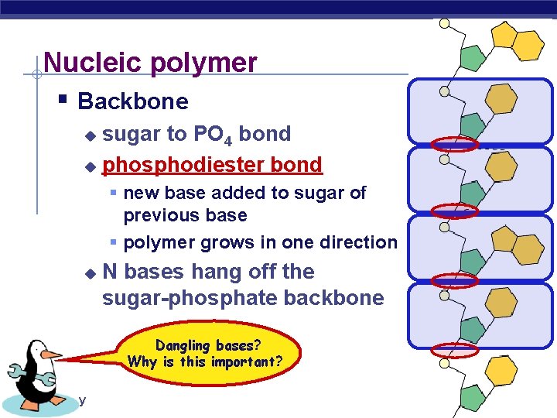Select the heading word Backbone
coord(133,101)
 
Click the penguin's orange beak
coord(52,355)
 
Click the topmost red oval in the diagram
coord(455,143)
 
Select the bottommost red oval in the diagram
coord(455,350)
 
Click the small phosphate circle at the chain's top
coord(444,23)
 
